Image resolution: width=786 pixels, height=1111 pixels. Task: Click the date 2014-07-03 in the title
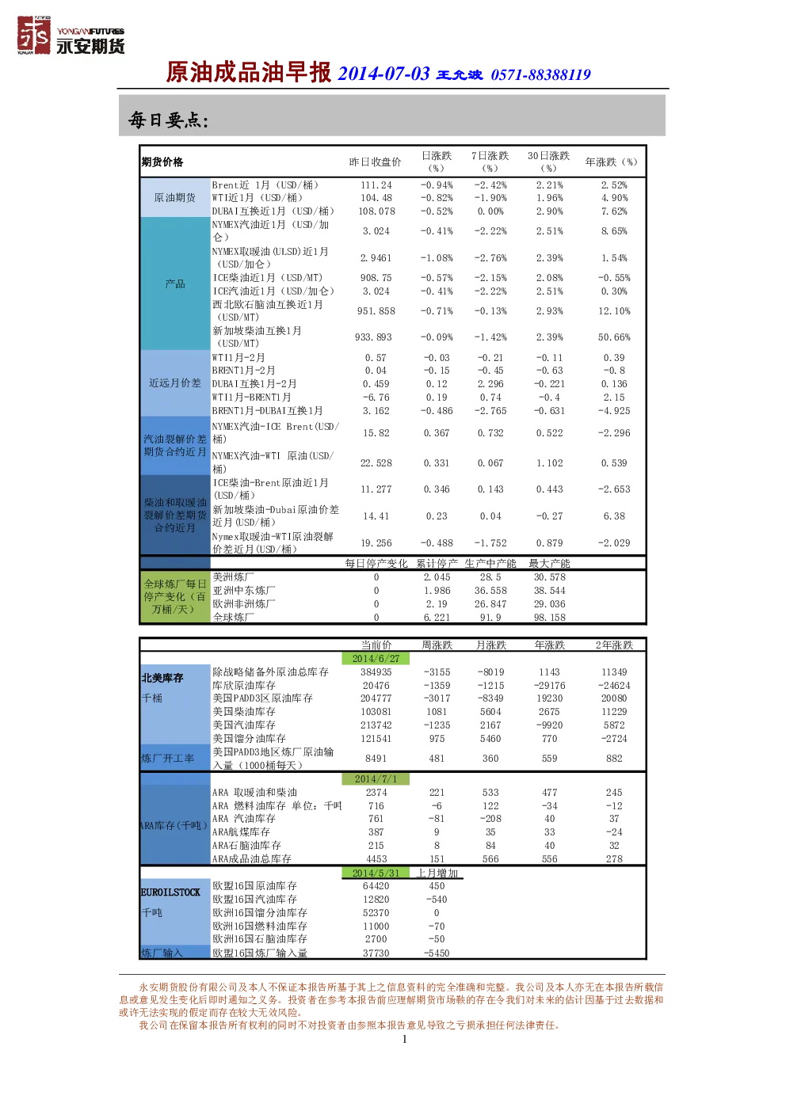pyautogui.click(x=383, y=74)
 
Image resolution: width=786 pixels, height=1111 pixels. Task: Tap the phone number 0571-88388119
pyautogui.click(x=540, y=75)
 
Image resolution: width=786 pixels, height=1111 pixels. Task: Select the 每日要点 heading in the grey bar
pyautogui.click(x=168, y=120)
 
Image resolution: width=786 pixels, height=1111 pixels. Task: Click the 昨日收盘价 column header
pyautogui.click(x=375, y=162)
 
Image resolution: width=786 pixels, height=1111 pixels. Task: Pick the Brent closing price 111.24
pyautogui.click(x=376, y=185)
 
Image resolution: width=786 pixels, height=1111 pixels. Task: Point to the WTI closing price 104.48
pyautogui.click(x=376, y=198)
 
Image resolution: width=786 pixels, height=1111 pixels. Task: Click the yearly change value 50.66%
pyautogui.click(x=614, y=337)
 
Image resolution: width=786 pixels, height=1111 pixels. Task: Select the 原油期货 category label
pyautogui.click(x=174, y=198)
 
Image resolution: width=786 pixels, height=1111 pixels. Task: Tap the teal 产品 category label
pyautogui.click(x=174, y=283)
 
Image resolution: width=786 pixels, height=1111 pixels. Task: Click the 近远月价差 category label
pyautogui.click(x=174, y=383)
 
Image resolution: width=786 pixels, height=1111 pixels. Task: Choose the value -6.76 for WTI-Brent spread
pyautogui.click(x=376, y=398)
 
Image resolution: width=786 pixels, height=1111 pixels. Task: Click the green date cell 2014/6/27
pyautogui.click(x=376, y=658)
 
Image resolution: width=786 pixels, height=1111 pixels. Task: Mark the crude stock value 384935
pyautogui.click(x=376, y=672)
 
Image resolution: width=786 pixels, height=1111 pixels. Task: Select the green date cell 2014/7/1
pyautogui.click(x=376, y=778)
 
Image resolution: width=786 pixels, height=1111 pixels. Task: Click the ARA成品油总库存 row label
pyautogui.click(x=252, y=858)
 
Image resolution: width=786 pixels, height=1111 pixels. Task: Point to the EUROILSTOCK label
pyautogui.click(x=170, y=892)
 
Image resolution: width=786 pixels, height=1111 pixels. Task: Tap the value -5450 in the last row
pyautogui.click(x=436, y=953)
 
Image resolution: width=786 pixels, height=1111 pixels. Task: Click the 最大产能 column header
pyautogui.click(x=549, y=564)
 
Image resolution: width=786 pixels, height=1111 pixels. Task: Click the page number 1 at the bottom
pyautogui.click(x=405, y=1039)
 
